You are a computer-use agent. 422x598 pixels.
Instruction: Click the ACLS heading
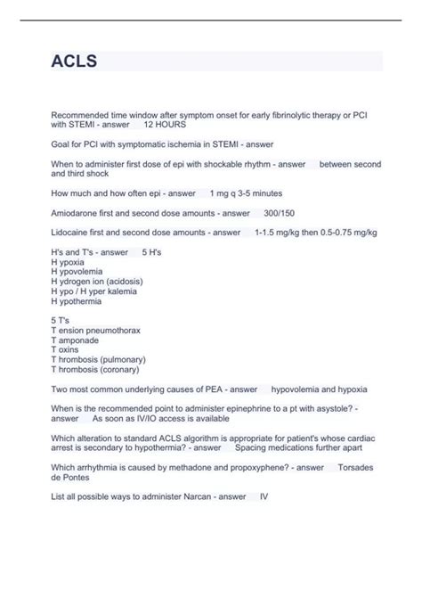tap(75, 61)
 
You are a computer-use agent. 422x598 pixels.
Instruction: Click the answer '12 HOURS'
tap(165, 125)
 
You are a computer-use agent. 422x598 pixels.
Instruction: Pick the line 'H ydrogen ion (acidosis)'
tap(97, 282)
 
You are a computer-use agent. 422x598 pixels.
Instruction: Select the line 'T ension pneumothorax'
tap(96, 331)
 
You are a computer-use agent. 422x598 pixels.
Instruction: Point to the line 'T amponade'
tap(76, 340)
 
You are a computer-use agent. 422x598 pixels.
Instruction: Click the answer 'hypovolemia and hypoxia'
tap(319, 389)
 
